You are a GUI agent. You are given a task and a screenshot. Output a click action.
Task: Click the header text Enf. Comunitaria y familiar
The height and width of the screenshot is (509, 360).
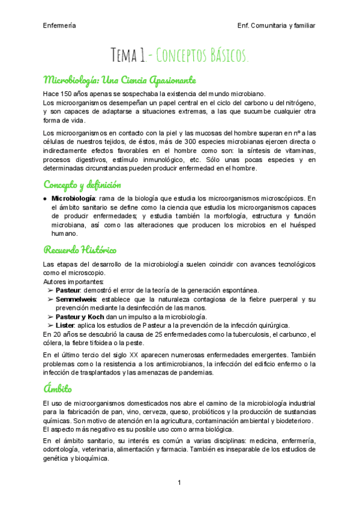point(277,25)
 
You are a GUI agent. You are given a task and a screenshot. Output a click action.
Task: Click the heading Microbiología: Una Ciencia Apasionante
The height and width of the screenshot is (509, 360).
point(120,80)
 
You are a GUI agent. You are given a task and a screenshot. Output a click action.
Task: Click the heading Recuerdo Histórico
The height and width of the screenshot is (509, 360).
point(80,249)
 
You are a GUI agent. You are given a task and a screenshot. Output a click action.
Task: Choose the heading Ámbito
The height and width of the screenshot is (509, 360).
point(58,389)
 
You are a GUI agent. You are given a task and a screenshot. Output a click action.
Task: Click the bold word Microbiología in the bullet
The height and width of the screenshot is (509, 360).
point(73,198)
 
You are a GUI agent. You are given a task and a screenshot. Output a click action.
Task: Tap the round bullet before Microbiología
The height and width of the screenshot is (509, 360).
point(46,198)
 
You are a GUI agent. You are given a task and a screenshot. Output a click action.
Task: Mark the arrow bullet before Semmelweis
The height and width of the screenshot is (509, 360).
point(50,299)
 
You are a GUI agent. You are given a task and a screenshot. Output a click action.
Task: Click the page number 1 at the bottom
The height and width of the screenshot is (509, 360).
point(179,483)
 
